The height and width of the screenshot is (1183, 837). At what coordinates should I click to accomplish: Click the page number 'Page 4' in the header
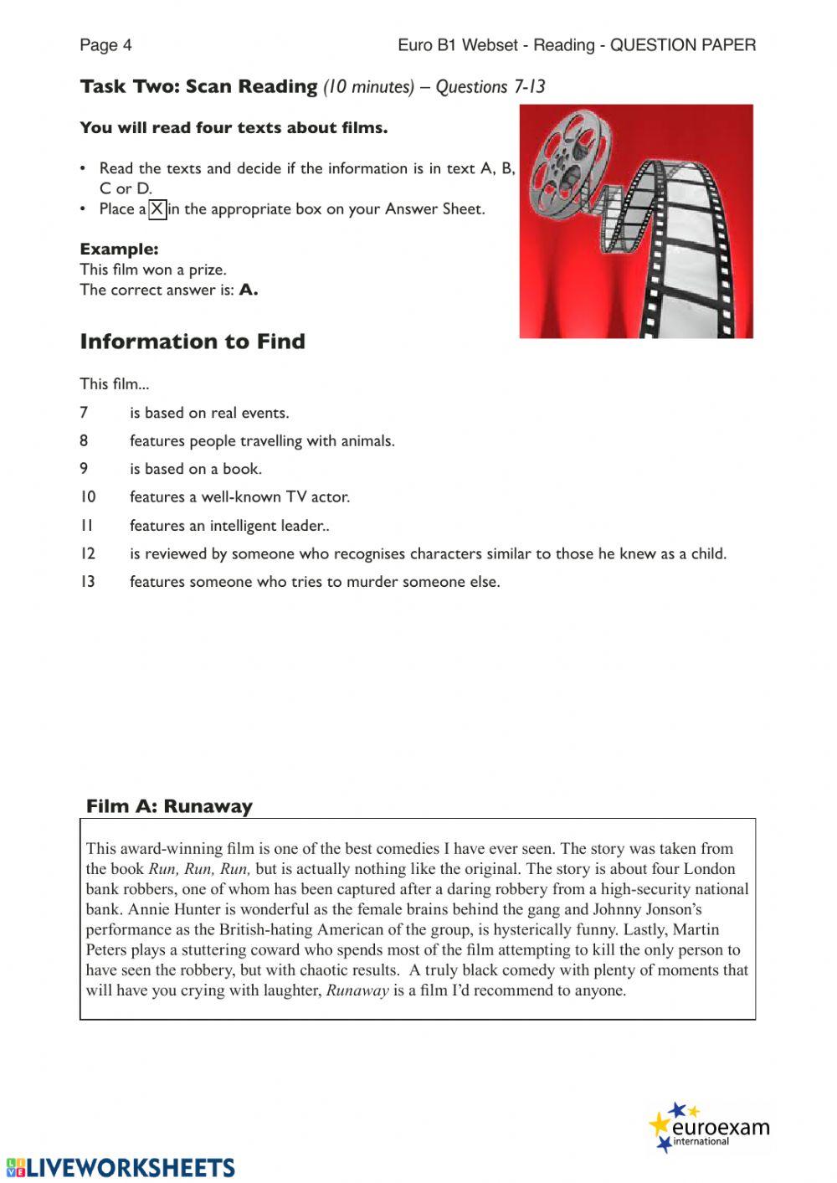pos(105,45)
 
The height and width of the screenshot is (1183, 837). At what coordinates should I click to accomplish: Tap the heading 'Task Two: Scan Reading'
pos(198,86)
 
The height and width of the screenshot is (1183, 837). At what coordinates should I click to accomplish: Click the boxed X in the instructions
pos(157,209)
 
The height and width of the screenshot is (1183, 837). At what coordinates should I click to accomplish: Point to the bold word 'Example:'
pos(119,249)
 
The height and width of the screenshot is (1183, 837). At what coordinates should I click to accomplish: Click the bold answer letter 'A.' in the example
pos(249,291)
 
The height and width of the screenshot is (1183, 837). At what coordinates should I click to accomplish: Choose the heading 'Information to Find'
pos(193,342)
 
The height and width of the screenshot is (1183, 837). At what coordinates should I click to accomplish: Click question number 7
pos(84,413)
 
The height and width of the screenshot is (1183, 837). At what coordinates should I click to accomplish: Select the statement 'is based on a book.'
pos(195,469)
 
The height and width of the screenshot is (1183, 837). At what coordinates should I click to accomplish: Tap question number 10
pos(88,497)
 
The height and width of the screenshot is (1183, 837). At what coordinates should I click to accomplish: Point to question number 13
pos(88,582)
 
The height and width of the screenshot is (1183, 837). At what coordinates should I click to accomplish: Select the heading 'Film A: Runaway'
pos(169,806)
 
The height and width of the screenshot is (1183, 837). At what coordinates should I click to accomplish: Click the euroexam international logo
pos(709,1127)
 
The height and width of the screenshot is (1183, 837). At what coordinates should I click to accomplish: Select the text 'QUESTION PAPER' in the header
pos(682,45)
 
